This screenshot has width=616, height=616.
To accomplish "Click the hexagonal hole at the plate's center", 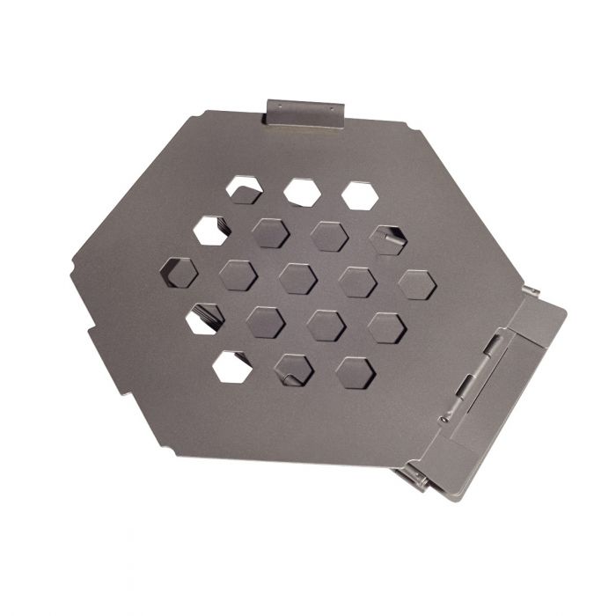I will [x=297, y=278].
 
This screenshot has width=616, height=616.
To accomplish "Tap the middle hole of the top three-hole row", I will [x=301, y=192].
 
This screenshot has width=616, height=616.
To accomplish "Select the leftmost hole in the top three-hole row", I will [x=244, y=188].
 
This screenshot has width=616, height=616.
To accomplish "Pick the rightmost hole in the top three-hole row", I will [x=360, y=195].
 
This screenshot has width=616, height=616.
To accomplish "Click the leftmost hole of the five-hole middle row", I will [x=180, y=271].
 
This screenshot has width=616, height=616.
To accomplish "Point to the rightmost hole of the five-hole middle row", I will [x=416, y=285].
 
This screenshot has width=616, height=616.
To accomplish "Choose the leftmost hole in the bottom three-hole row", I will [x=232, y=366].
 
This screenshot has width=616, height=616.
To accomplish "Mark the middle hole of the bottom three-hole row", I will [x=294, y=370].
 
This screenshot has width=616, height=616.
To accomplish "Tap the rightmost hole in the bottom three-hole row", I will [x=355, y=372].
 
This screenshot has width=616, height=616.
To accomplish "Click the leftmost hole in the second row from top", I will [x=212, y=230].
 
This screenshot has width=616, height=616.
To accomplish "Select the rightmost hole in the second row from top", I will [x=387, y=239].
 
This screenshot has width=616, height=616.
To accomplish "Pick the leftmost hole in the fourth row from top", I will [x=205, y=319].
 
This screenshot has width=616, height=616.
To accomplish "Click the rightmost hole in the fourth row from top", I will [x=385, y=327].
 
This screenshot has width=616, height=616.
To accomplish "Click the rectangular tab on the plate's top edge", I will [x=304, y=112].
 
